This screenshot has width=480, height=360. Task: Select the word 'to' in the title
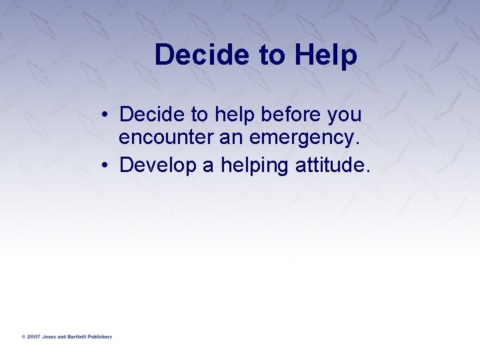pyautogui.click(x=271, y=55)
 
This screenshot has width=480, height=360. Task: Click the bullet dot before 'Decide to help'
pyautogui.click(x=107, y=115)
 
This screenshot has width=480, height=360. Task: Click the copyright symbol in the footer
pyautogui.click(x=23, y=337)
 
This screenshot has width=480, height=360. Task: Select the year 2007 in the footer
pyautogui.click(x=33, y=337)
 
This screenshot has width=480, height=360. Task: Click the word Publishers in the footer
pyautogui.click(x=100, y=337)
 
